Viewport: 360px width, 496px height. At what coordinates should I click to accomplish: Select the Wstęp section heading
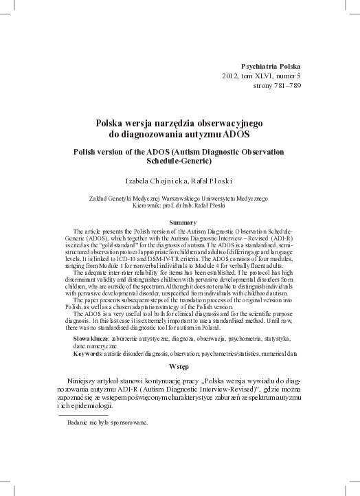coord(182,368)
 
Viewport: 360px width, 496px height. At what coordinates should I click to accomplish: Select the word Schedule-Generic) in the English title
coord(180,161)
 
